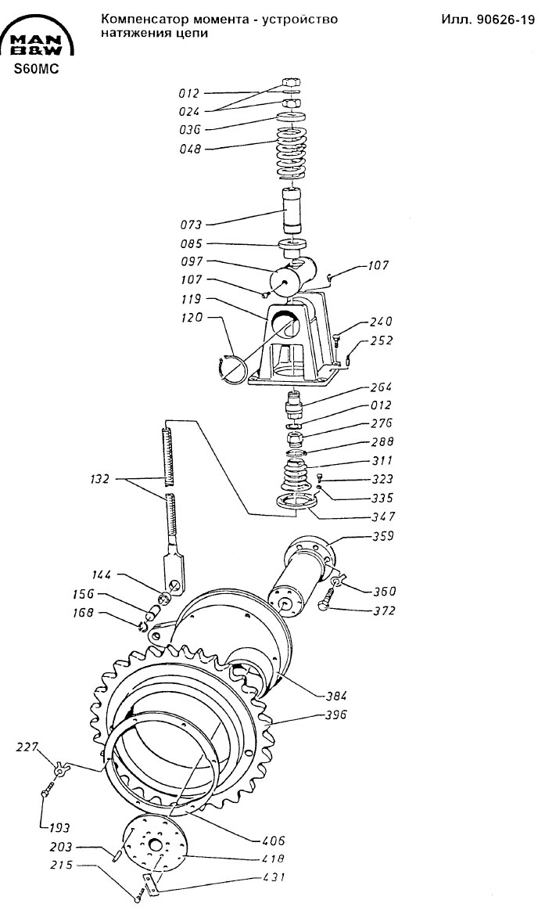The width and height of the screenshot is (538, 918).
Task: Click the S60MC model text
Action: (38, 68)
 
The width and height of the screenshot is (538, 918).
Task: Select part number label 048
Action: (189, 149)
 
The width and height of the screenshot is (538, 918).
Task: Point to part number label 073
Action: (191, 225)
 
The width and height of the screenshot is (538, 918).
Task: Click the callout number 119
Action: (191, 299)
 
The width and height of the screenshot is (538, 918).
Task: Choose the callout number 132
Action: (100, 480)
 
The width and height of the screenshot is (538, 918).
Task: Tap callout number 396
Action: (336, 715)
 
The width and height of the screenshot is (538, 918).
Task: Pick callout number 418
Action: (273, 859)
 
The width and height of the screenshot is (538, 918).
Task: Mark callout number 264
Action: (382, 387)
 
